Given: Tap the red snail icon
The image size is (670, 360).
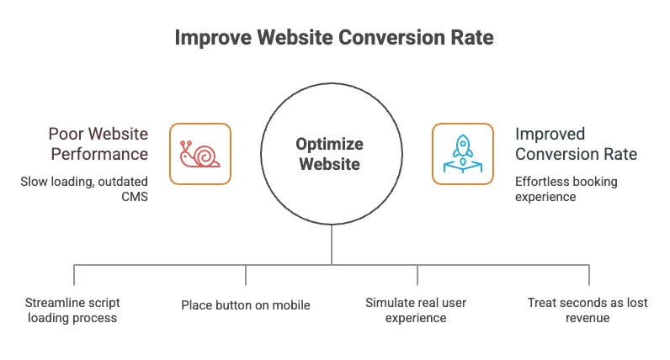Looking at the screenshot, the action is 200,154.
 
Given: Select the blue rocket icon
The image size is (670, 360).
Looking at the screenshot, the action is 463,154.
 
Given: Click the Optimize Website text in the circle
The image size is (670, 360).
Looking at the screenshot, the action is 329,154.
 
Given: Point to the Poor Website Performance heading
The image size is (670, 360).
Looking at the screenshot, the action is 98,144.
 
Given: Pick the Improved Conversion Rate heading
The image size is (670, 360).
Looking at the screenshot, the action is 576,144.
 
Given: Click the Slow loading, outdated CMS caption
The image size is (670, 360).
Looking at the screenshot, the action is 84,188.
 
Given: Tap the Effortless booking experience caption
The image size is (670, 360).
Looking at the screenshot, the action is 566,188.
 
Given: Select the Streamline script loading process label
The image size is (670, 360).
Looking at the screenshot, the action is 72,310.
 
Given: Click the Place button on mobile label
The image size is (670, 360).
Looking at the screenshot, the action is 246,305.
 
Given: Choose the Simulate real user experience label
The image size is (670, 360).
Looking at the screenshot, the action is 416,310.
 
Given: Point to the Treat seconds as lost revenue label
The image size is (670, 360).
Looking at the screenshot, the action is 588,310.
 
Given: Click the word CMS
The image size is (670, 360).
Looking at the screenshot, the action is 135,197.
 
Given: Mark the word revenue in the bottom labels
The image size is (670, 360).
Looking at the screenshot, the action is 588,318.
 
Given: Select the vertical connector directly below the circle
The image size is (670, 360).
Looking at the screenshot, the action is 332,245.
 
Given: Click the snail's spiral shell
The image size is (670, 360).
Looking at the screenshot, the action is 205,156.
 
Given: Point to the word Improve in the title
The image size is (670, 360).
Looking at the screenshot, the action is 213,38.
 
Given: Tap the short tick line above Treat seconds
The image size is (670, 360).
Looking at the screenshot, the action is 589,275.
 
